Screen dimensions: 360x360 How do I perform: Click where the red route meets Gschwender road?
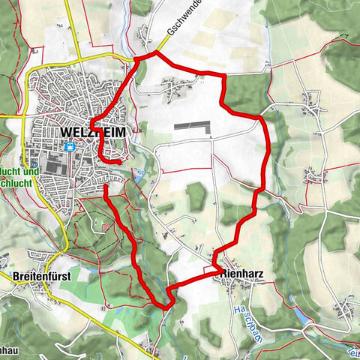tap(156, 53)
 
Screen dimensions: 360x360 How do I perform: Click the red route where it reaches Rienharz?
tap(217, 266)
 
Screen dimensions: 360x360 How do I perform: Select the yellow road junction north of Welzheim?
tap(135, 58)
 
